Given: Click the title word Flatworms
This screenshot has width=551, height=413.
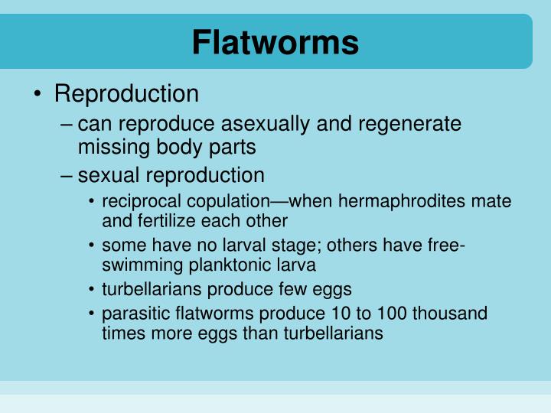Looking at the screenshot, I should [275, 42].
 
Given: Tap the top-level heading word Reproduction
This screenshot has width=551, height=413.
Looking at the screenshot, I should [126, 94].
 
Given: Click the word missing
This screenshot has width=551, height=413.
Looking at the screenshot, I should [112, 146].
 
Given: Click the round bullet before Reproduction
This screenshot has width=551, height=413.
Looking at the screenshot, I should [37, 95].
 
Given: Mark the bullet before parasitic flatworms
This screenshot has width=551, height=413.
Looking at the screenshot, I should [92, 314].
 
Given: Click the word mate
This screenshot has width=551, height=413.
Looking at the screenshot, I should [494, 202].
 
